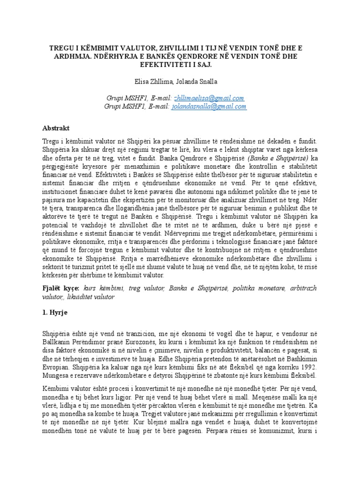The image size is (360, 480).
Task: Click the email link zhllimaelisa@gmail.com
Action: point(209,98)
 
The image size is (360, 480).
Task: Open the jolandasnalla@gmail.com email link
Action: point(209,106)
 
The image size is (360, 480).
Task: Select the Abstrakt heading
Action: point(56,127)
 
